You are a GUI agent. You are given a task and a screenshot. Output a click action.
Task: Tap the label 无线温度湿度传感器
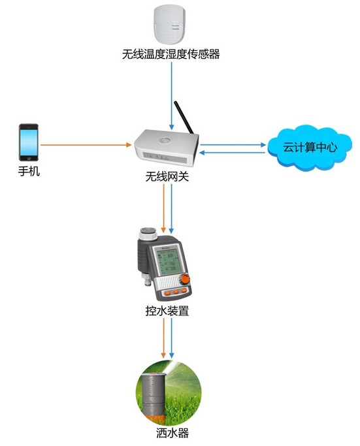point(171,55)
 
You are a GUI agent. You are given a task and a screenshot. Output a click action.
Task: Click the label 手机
point(28,172)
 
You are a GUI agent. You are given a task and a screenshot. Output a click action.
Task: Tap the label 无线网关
point(167,176)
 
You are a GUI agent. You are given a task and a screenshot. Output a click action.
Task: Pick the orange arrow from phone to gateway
point(85,144)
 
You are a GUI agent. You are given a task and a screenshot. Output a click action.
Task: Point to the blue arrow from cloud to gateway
point(235,153)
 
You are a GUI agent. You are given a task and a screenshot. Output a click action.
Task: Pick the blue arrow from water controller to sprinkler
point(171,340)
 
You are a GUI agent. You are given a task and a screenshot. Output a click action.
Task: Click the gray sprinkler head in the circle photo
point(155,395)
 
